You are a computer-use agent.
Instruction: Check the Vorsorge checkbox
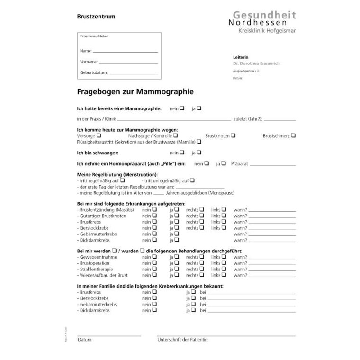click(99, 135)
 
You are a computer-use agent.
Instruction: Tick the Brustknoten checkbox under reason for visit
click(234, 135)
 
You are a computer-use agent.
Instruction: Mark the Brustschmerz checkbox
click(294, 135)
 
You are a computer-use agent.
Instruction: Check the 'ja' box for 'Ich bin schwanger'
click(199, 153)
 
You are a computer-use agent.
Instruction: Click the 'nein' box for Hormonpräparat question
click(207, 163)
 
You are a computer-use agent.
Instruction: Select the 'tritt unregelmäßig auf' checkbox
click(193, 180)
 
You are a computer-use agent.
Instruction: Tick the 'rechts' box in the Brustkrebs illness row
click(202, 221)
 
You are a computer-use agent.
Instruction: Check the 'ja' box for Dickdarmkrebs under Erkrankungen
click(176, 240)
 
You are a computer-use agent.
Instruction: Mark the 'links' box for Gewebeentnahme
click(224, 256)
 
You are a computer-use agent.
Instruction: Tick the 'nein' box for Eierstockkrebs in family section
click(154, 298)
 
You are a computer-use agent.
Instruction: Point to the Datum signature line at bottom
click(109, 335)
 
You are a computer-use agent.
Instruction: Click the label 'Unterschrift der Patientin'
click(182, 340)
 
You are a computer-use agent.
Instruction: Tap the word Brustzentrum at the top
click(96, 16)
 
